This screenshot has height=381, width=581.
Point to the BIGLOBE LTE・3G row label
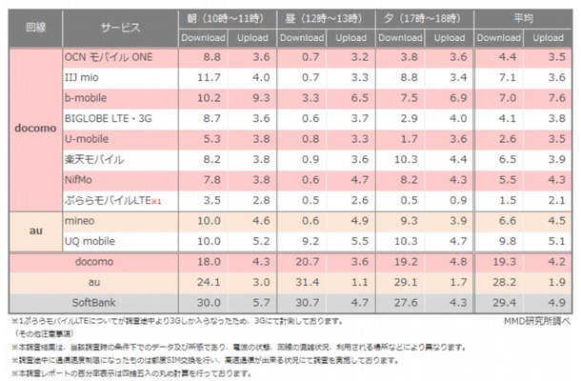[122, 118]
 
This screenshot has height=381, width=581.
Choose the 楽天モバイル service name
[94, 159]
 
